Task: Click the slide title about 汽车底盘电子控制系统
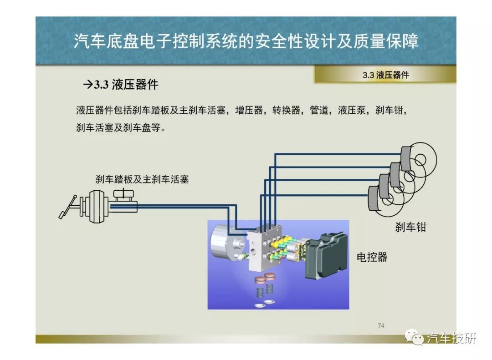[x=246, y=41]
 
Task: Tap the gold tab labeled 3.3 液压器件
[x=385, y=75]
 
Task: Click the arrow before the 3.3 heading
[x=88, y=85]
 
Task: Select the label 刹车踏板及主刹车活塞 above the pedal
[x=142, y=179]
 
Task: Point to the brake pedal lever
[x=67, y=207]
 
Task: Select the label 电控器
[x=372, y=257]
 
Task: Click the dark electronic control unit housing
[x=326, y=256]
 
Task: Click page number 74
[x=381, y=325]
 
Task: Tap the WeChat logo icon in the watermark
[x=414, y=337]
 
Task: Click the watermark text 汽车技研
[x=451, y=338]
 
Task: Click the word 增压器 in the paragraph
[x=249, y=111]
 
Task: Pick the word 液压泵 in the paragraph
[x=352, y=111]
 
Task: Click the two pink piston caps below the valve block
[x=264, y=279]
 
